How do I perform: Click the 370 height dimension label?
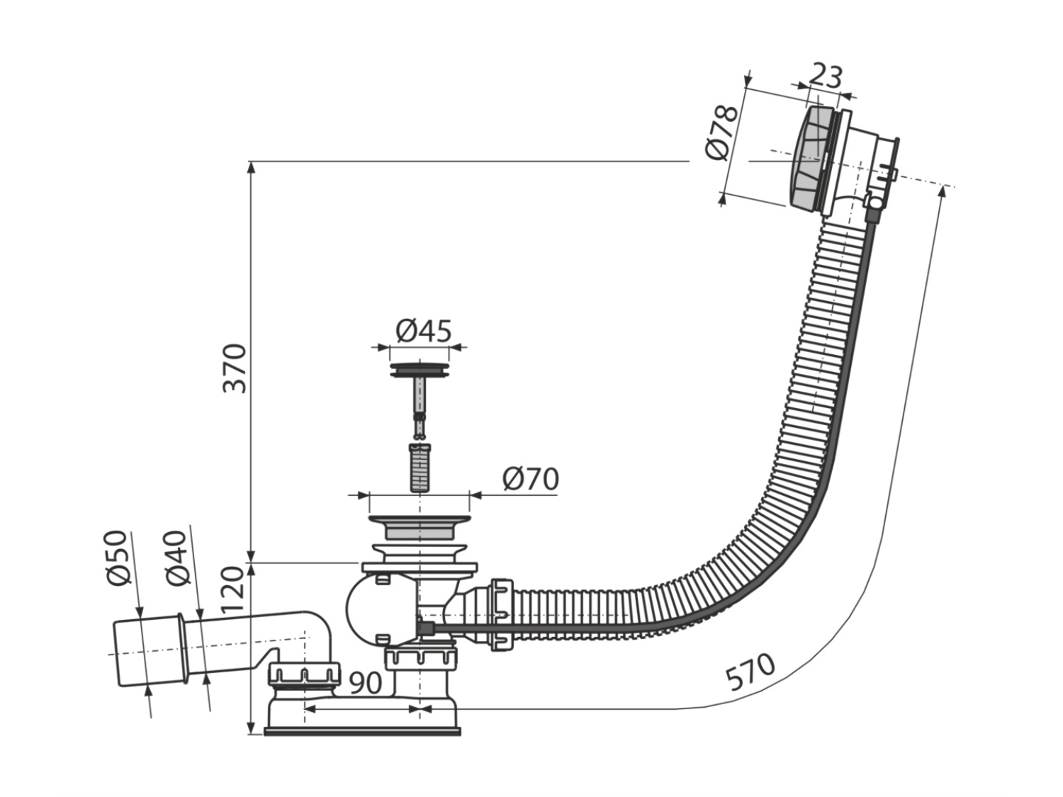point(236,368)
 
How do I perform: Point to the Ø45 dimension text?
point(423,331)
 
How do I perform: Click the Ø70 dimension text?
point(530,479)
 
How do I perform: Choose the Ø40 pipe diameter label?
point(176,558)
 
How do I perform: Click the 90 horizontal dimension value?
point(365,683)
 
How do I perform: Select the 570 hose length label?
point(750,672)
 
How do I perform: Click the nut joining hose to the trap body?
point(502,614)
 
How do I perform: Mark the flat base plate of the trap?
point(362,745)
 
